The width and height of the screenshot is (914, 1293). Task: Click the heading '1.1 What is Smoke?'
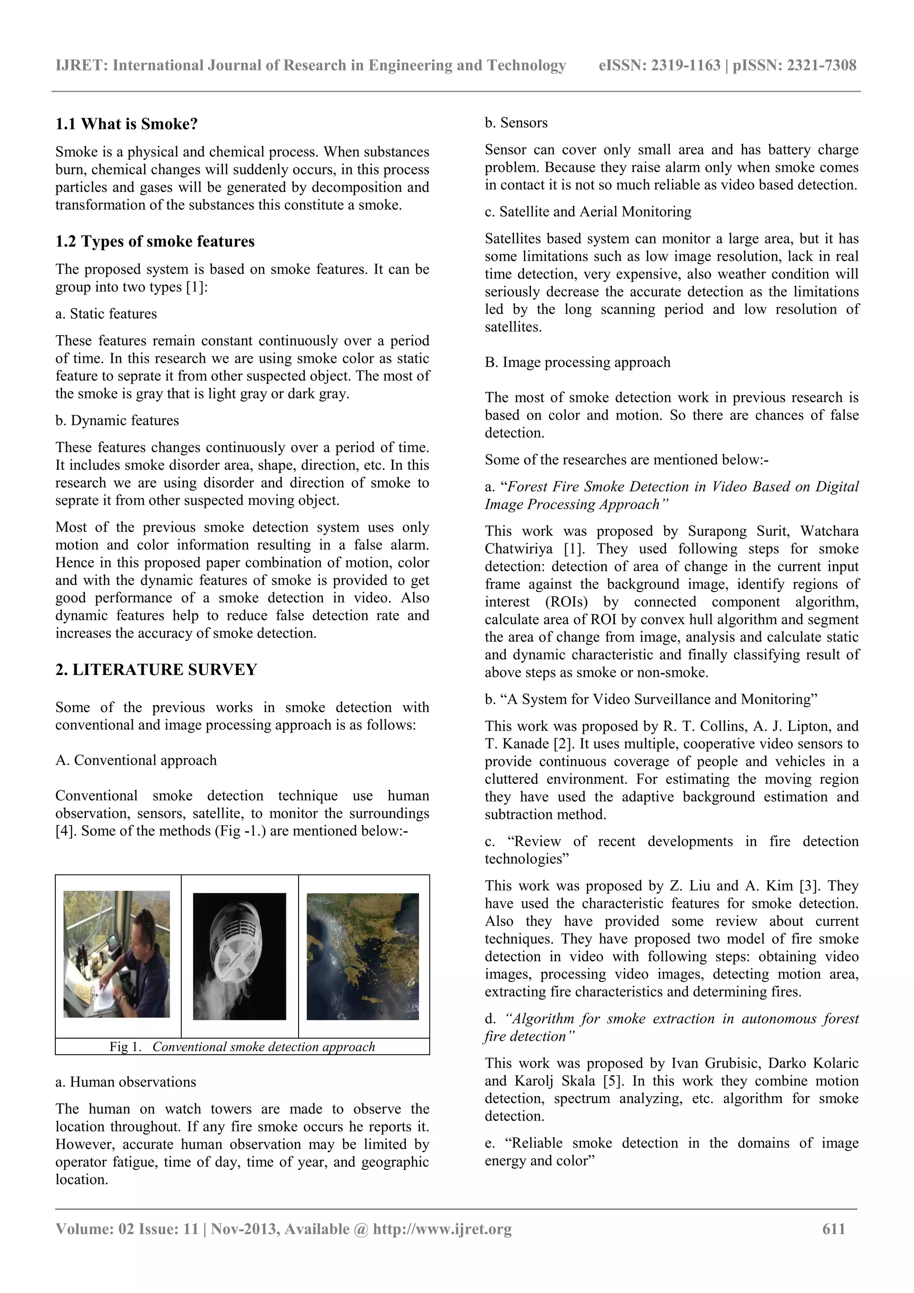(x=127, y=124)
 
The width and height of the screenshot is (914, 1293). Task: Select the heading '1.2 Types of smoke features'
(x=155, y=241)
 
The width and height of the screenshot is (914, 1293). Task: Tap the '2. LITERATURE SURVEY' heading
(x=156, y=670)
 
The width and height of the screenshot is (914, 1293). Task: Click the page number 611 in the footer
(x=834, y=1229)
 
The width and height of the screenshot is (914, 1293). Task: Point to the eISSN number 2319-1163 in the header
(x=685, y=65)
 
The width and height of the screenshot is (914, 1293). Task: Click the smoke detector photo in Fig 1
(x=239, y=956)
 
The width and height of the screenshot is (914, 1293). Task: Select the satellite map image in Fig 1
(x=363, y=956)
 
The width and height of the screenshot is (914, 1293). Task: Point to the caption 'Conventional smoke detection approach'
(x=264, y=1047)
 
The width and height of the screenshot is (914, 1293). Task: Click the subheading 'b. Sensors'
(x=516, y=123)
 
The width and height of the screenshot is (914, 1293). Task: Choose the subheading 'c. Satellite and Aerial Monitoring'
(x=588, y=212)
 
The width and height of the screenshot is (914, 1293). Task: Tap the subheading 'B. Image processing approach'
(x=577, y=362)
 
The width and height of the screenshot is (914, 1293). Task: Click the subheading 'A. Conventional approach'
(x=136, y=760)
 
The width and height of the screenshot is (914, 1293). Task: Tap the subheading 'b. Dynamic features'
(x=117, y=421)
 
